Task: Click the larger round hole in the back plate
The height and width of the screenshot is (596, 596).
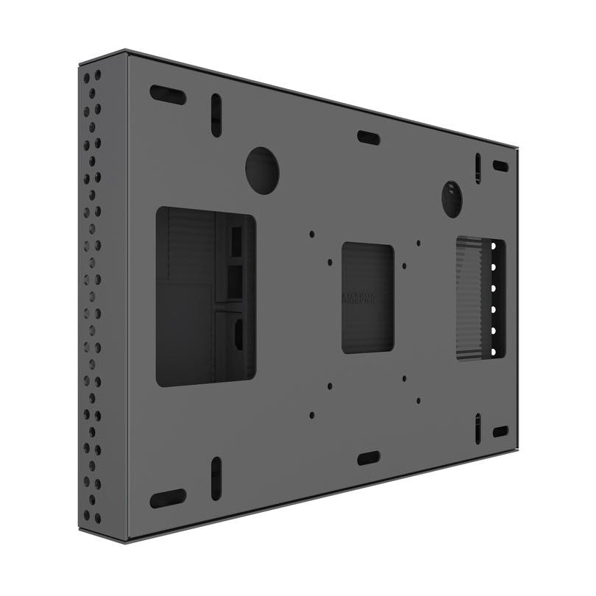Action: click(x=262, y=170)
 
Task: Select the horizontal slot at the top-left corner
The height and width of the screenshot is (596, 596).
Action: click(x=168, y=94)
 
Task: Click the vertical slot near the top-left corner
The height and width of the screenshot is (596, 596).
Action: click(x=216, y=115)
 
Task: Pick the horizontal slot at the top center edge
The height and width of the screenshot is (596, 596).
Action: click(x=369, y=138)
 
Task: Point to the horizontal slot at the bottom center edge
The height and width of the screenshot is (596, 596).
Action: click(x=369, y=458)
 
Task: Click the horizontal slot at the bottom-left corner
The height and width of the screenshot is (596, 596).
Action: click(x=168, y=498)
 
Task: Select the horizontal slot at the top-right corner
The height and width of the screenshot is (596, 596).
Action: click(x=500, y=166)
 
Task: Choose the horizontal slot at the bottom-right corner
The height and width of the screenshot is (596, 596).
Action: click(x=500, y=431)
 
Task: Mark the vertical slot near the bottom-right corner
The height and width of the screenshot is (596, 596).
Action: click(x=478, y=428)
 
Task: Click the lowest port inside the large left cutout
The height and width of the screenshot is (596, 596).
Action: click(x=238, y=335)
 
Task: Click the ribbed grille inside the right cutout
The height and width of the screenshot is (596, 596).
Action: click(x=471, y=298)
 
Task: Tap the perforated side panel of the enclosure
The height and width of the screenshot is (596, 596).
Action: click(x=92, y=294)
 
